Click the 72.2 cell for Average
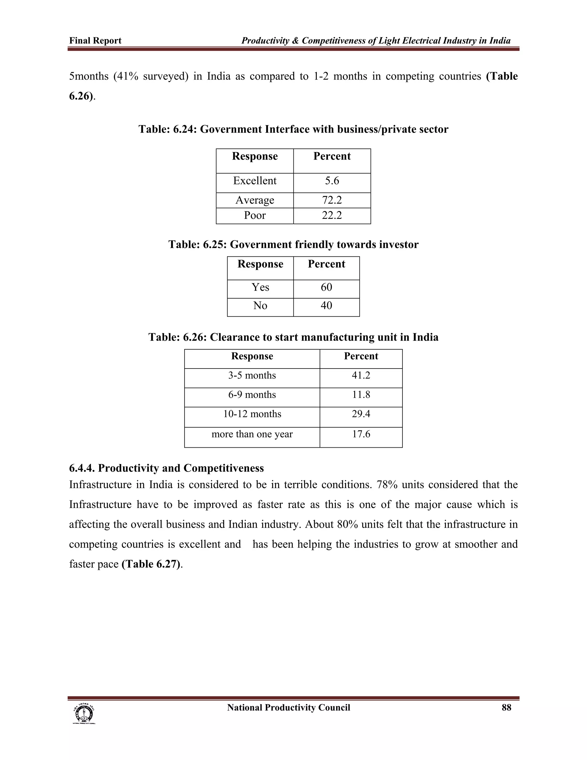[x=332, y=200]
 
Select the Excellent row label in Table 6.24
[x=255, y=181]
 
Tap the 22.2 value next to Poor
[x=332, y=215]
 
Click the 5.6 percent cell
[x=332, y=181]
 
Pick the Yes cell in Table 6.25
[x=260, y=287]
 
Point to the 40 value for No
[x=326, y=305]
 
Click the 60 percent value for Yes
[x=326, y=287]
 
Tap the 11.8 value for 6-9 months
[x=361, y=395]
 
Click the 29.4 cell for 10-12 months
[x=361, y=414]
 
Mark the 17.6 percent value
[x=361, y=434]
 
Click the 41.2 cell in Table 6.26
[x=361, y=375]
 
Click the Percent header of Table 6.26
[x=361, y=356]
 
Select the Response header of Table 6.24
[x=255, y=156]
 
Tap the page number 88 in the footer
[x=506, y=708]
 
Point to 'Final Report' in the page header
[x=95, y=41]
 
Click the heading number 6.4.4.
[x=82, y=468]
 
